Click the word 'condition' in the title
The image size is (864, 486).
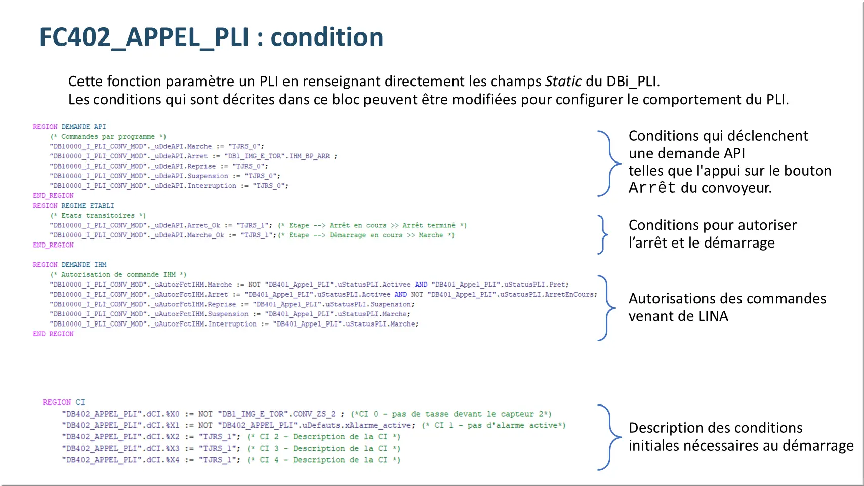pos(327,37)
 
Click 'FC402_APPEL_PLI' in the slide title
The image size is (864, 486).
pos(144,37)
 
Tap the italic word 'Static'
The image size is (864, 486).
pos(563,82)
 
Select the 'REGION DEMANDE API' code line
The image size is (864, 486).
pos(69,127)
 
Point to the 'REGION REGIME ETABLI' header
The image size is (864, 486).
pos(73,206)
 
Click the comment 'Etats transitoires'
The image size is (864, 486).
pos(98,216)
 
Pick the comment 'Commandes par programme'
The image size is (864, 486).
pos(108,137)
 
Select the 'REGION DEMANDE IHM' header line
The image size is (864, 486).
pos(70,265)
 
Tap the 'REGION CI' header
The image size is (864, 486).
pos(64,402)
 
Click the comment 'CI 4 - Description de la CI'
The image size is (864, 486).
pos(324,460)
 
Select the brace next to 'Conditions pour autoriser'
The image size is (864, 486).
pos(603,234)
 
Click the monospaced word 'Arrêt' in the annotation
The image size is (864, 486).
pos(652,188)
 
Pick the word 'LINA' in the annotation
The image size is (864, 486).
pos(713,316)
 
